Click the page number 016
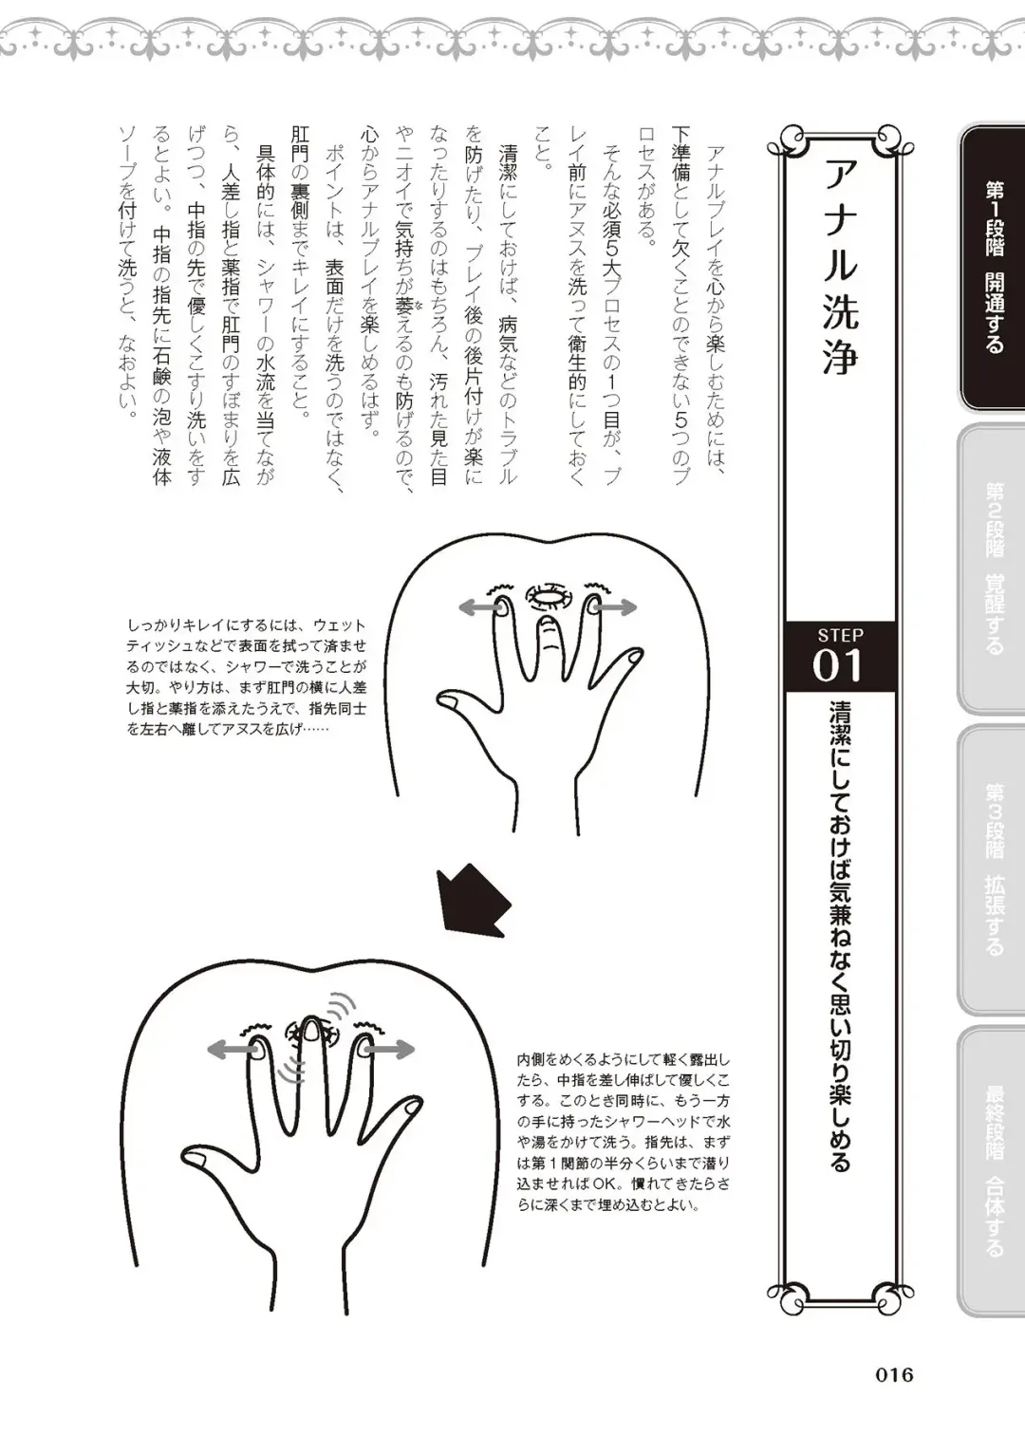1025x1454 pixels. (x=893, y=1374)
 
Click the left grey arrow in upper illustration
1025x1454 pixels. (x=475, y=608)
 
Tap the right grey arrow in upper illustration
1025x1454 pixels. (x=618, y=607)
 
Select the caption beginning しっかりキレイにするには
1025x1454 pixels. (x=246, y=678)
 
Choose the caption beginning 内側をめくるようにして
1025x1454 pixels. (x=624, y=1131)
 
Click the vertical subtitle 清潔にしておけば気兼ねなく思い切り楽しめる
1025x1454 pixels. (x=840, y=935)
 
